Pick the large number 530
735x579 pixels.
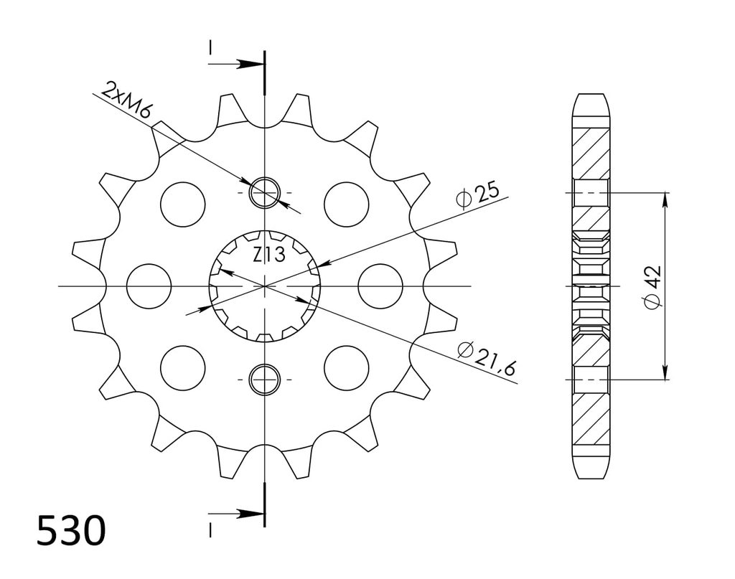tap(71, 531)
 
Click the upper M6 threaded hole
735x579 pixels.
tap(265, 192)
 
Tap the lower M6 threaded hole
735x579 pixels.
tap(265, 379)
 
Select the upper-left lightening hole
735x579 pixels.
tap(183, 204)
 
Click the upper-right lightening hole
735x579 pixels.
tap(347, 204)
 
